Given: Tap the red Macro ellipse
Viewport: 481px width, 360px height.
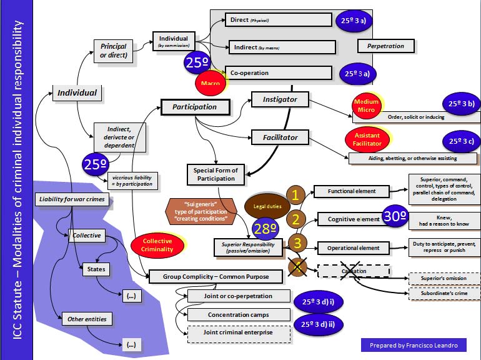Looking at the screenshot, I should pyautogui.click(x=211, y=82).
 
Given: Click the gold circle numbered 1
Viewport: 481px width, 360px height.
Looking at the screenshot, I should pyautogui.click(x=295, y=194).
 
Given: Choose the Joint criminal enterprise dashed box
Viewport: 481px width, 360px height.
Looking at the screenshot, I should pyautogui.click(x=239, y=333).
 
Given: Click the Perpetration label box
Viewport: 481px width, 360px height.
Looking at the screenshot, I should pyautogui.click(x=385, y=46).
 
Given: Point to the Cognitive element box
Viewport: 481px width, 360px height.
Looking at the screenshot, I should pyautogui.click(x=353, y=219).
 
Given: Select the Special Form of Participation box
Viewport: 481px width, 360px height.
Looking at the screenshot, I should pyautogui.click(x=215, y=174).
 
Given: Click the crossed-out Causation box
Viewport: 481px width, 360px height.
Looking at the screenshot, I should pyautogui.click(x=354, y=271).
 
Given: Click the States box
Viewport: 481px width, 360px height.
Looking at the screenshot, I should pyautogui.click(x=97, y=269).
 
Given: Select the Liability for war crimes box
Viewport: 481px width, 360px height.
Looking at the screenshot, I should pyautogui.click(x=72, y=199).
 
